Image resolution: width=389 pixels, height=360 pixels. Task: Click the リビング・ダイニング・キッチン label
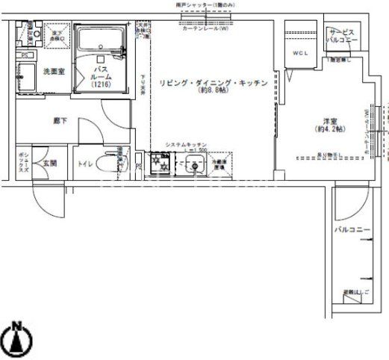[x=213, y=83]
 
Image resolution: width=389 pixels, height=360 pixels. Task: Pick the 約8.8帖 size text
[x=213, y=93]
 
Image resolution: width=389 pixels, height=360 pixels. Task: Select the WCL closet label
[x=300, y=53]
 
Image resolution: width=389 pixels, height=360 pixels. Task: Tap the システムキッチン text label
[x=187, y=144]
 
